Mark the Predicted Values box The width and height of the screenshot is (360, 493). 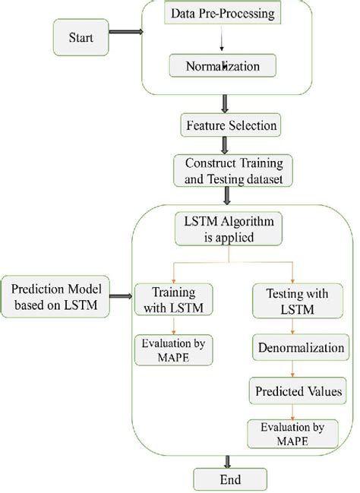pyautogui.click(x=292, y=392)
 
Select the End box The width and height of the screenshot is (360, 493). pyautogui.click(x=231, y=480)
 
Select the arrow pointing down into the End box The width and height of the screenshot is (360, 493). pyautogui.click(x=227, y=460)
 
